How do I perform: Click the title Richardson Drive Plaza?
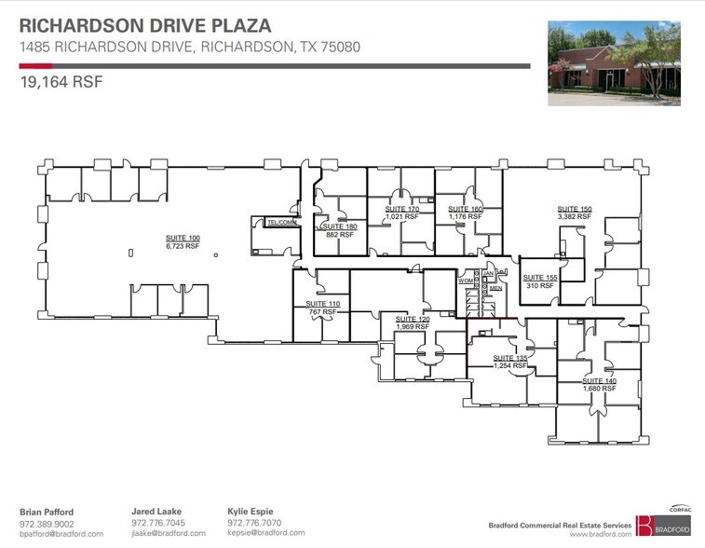[x=145, y=26]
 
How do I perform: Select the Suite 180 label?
[x=339, y=227]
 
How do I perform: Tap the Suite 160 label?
[x=465, y=209]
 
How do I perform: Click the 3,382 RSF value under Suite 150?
[x=575, y=216]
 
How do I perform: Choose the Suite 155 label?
[x=539, y=278]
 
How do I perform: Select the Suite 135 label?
[x=510, y=358]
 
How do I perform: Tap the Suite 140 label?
[x=599, y=380]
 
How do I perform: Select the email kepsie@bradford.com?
[x=265, y=533]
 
